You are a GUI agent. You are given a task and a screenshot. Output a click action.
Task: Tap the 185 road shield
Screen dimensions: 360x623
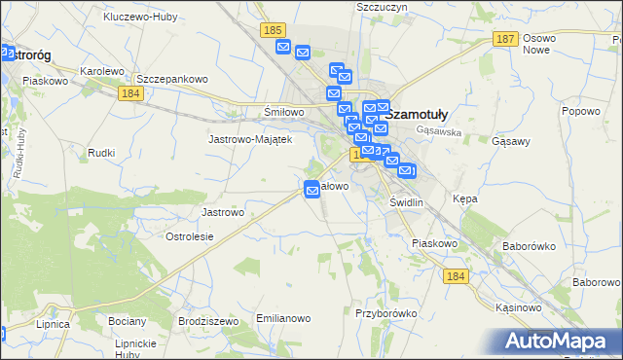[273, 32]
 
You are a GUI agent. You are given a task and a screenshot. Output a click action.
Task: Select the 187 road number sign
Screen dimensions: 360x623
[504, 39]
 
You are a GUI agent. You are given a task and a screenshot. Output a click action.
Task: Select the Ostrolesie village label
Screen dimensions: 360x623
[191, 236]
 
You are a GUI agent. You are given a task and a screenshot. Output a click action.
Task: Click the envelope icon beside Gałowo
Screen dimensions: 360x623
[312, 191]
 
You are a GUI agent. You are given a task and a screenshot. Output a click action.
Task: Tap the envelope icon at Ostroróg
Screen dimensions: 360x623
[8, 54]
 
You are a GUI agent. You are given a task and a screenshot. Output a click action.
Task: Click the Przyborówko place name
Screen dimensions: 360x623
[386, 313]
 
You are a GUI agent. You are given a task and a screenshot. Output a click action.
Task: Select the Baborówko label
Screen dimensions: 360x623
[527, 246]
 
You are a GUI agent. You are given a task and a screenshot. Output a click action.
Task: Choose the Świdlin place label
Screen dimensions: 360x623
[406, 201]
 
